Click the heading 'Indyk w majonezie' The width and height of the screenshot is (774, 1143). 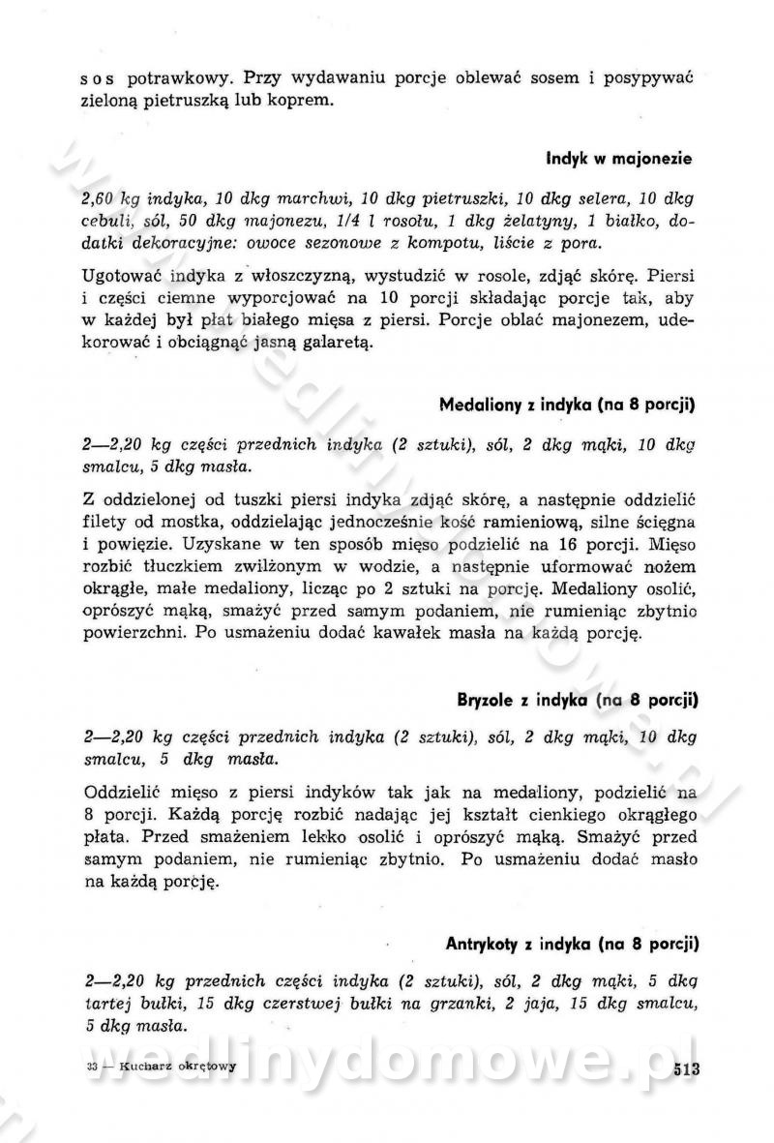(619, 156)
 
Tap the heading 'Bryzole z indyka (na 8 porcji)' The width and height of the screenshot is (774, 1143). (578, 698)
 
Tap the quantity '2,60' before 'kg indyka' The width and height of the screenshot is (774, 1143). (100, 199)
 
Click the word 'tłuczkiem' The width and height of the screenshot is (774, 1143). (178, 564)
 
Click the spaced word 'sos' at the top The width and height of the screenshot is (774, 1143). (99, 77)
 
